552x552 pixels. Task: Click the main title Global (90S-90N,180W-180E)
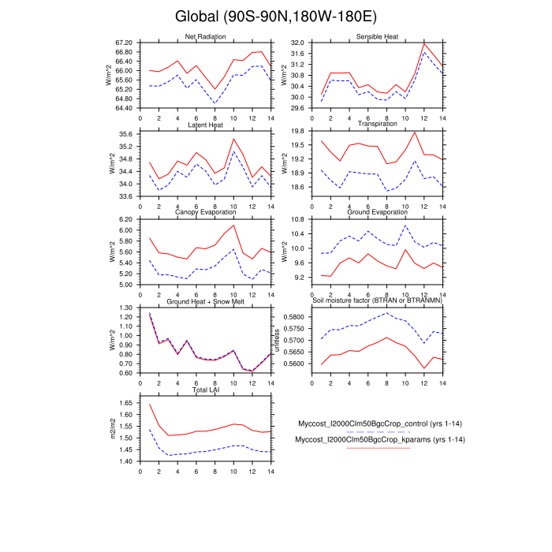click(x=275, y=17)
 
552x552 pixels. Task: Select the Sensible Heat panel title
click(x=378, y=37)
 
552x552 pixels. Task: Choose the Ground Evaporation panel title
click(x=378, y=213)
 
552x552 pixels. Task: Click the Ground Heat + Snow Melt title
click(x=205, y=302)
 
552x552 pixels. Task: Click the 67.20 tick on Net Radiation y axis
click(x=124, y=42)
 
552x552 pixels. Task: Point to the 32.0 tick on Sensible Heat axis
click(x=297, y=42)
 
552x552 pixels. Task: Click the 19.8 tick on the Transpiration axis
click(x=297, y=131)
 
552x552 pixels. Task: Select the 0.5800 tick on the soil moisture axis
click(x=293, y=316)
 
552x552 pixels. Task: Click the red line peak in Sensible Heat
click(x=424, y=44)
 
